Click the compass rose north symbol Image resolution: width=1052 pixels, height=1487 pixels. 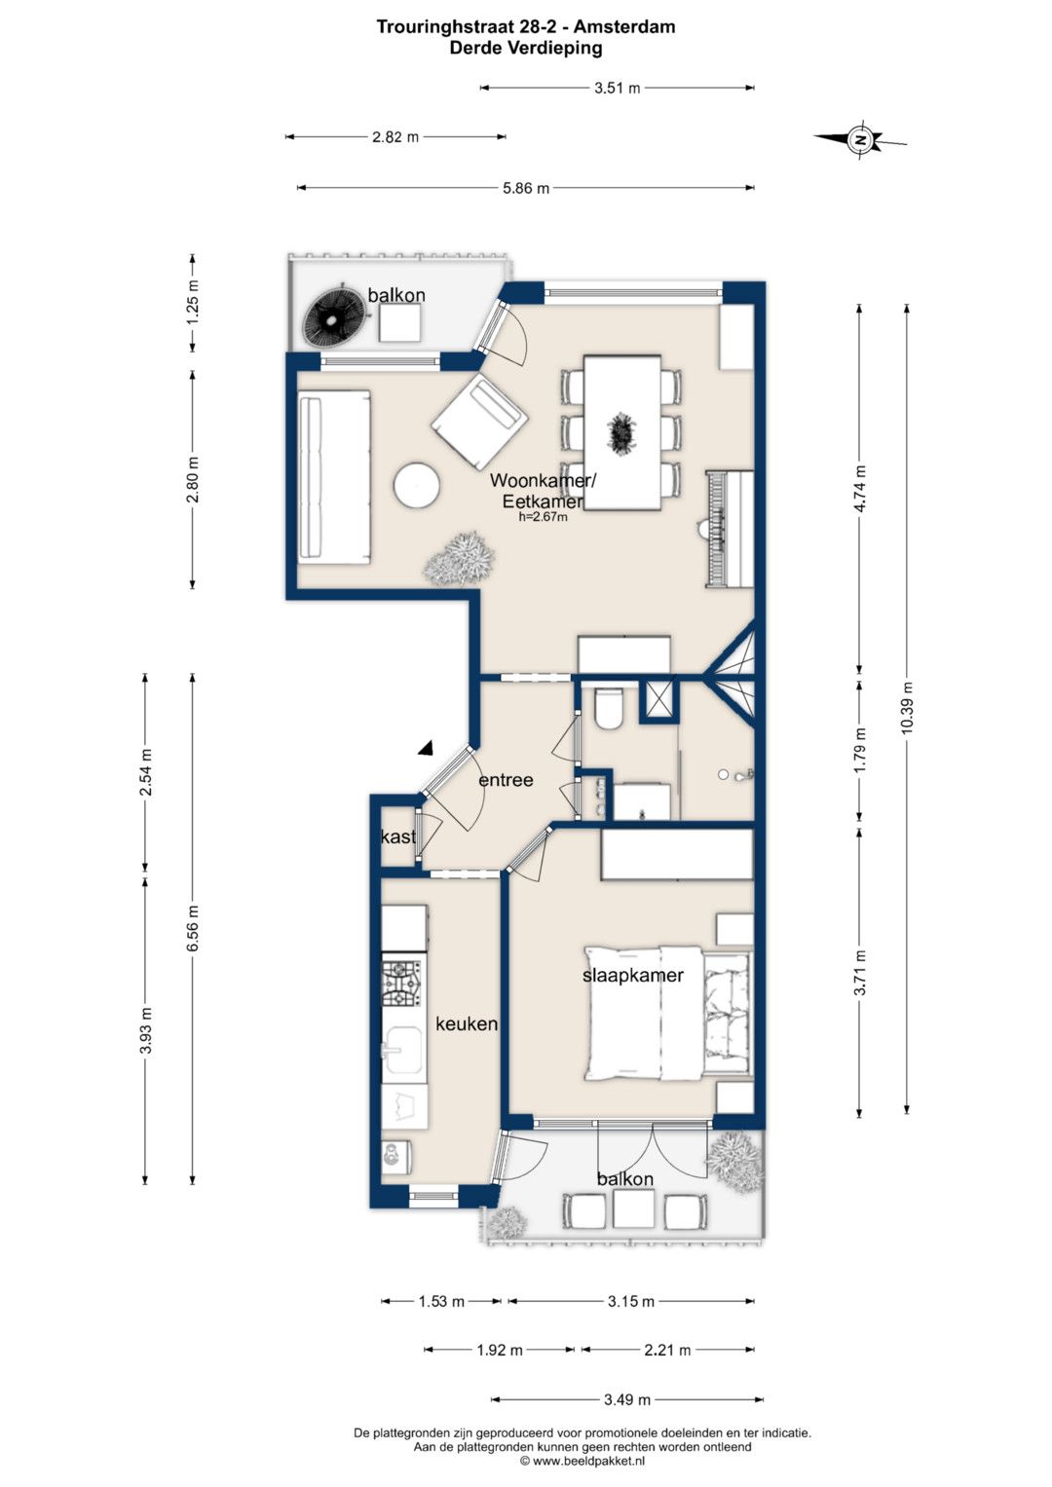(x=861, y=140)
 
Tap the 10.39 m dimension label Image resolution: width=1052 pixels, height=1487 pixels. (x=907, y=707)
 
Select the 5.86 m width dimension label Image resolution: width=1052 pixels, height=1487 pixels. (x=526, y=188)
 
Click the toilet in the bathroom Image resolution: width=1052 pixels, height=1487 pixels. (x=609, y=708)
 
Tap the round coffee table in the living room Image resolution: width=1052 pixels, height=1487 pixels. (x=416, y=485)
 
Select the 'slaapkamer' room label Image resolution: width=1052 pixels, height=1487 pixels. (x=633, y=975)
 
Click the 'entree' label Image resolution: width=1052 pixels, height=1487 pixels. (x=507, y=779)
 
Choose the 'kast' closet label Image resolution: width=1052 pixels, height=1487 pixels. (x=398, y=837)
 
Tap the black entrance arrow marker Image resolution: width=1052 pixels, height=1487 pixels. (x=426, y=748)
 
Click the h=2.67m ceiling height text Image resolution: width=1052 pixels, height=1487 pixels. (x=544, y=517)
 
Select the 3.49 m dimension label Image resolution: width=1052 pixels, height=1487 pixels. (x=627, y=1399)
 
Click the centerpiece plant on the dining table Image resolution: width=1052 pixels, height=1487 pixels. (x=621, y=433)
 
